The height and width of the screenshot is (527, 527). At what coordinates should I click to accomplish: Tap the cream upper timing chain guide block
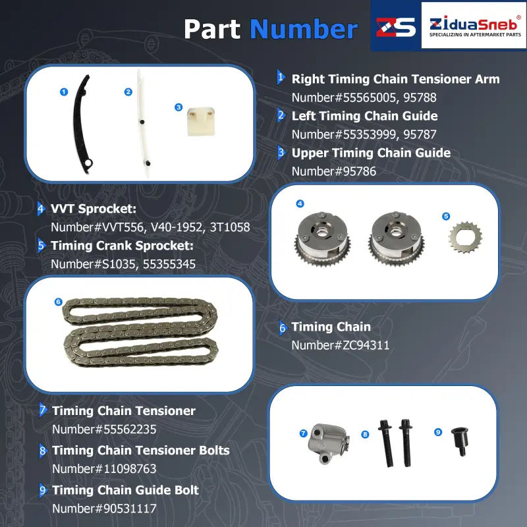[x=201, y=121]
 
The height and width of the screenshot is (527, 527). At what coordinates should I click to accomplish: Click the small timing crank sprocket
[x=465, y=238]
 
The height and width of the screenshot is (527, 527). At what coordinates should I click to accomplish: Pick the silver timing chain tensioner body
[x=328, y=443]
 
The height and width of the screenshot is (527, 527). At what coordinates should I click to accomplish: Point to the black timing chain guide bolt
[x=460, y=441]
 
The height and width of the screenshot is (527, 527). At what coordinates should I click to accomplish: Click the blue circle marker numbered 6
[x=58, y=302]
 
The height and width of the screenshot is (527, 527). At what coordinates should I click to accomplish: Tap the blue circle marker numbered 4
[x=300, y=204]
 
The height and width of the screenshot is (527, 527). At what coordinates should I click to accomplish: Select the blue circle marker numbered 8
[x=365, y=435]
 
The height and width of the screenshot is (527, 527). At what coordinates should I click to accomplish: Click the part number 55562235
[x=130, y=430]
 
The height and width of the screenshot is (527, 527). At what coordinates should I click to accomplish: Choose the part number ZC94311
[x=366, y=345]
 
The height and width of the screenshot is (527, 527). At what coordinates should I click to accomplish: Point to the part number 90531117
[x=130, y=509]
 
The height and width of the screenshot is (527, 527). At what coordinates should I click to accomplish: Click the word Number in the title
[x=304, y=29]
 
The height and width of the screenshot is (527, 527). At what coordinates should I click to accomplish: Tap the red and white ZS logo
[x=396, y=27]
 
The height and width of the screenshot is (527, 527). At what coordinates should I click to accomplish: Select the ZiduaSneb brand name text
[x=473, y=24]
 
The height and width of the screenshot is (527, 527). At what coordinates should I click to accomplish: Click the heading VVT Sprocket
[x=94, y=209]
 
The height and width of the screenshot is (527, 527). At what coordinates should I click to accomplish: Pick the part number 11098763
[x=130, y=469]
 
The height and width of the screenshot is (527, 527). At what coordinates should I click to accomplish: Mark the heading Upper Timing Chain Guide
[x=371, y=153]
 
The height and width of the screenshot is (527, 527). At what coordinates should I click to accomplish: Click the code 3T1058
[x=230, y=227]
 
